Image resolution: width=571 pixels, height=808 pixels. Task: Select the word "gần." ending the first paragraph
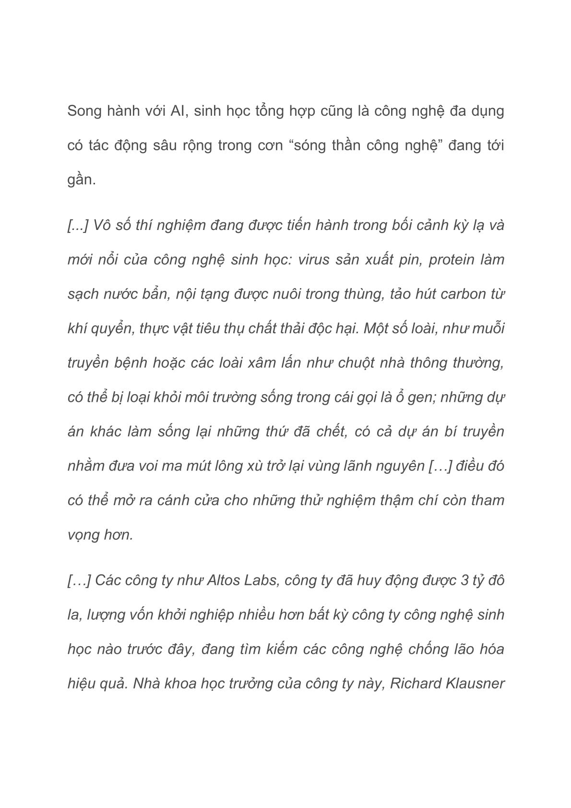pos(82,181)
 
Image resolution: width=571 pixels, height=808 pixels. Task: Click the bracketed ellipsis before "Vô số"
pos(78,225)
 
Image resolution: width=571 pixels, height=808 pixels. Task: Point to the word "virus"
pos(314,259)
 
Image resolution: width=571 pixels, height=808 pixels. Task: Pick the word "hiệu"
pos(82,683)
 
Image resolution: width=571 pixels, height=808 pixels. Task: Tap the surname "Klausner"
pos(475,683)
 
